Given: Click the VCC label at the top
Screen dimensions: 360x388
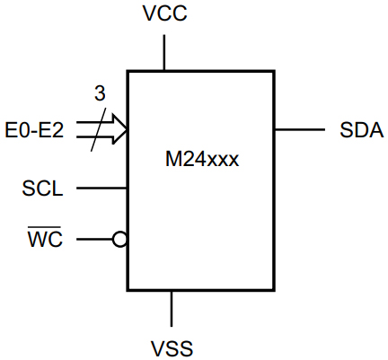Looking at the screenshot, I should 163,15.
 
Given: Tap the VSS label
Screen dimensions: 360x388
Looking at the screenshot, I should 171,347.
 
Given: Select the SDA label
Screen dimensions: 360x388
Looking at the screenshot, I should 362,130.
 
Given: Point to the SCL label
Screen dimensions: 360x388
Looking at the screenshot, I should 43,189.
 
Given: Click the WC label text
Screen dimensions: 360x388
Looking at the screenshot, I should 45,241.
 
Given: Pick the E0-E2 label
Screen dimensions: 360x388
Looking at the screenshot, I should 35,131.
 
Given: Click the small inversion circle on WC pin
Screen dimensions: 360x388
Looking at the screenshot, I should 119,240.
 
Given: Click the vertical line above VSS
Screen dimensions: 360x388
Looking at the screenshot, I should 171,309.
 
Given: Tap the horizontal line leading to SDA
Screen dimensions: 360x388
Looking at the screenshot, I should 299,130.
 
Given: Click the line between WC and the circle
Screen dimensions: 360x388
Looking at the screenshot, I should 94,240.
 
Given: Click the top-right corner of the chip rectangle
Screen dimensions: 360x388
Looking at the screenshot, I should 273,71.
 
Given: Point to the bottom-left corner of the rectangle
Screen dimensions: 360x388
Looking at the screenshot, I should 128,290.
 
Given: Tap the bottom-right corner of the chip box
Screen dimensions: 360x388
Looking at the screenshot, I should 273,290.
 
